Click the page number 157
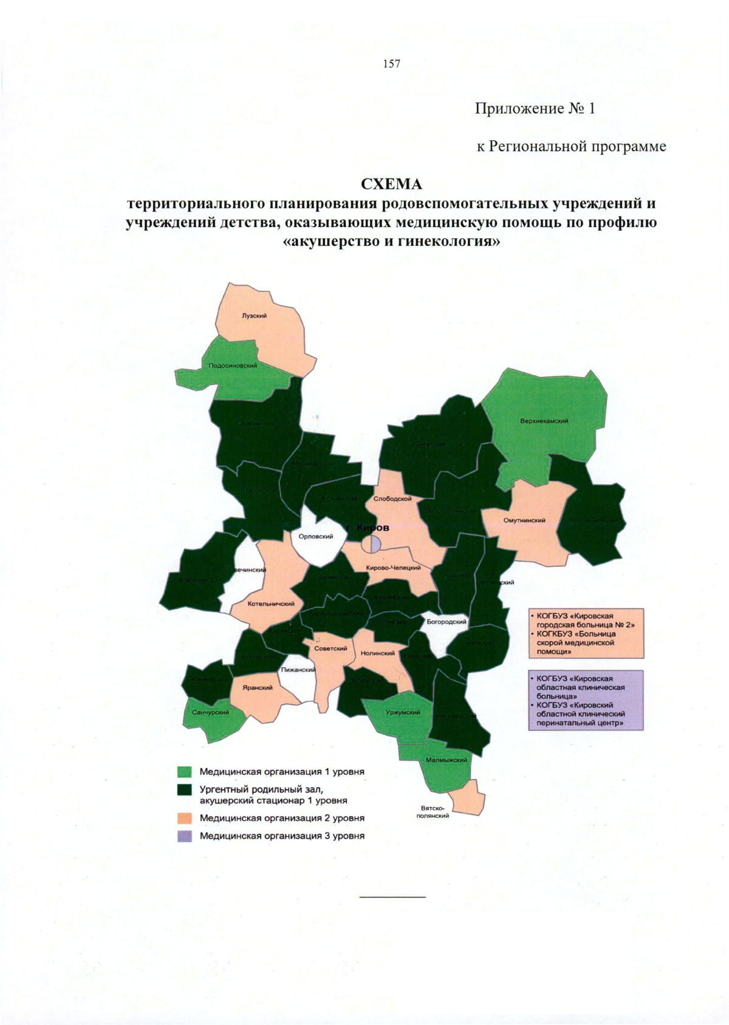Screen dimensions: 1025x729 pos(392,64)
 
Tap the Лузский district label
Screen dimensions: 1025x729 pos(255,316)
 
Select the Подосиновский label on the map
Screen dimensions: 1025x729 pos(233,366)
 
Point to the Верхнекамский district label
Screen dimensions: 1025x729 pos(544,421)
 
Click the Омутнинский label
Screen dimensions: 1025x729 pos(524,520)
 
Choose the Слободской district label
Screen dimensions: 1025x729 pos(392,499)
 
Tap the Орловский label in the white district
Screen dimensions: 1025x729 pos(316,536)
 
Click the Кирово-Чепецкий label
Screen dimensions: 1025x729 pos(394,568)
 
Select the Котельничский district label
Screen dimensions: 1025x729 pos(271,604)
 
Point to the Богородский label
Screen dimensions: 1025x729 pos(447,622)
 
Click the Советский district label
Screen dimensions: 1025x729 pos(330,649)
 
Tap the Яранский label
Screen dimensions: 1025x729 pos(258,687)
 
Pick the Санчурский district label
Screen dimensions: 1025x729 pos(210,712)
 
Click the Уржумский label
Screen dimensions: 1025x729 pos(403,712)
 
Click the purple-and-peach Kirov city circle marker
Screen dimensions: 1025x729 pos(371,544)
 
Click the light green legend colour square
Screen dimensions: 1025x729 pos(185,772)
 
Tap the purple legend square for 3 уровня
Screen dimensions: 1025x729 pos(185,836)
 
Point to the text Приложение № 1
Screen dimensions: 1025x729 pos(535,109)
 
